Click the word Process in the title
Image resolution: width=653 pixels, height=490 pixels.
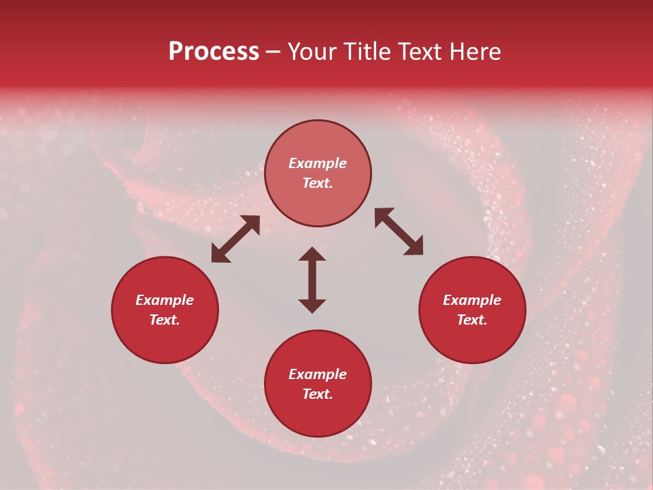(x=214, y=52)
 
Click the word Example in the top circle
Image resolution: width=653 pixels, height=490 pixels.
(x=318, y=163)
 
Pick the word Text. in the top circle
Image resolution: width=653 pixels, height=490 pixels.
(x=318, y=183)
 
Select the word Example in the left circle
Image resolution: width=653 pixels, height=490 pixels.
(x=165, y=300)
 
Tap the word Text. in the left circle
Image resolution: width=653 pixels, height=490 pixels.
(x=165, y=320)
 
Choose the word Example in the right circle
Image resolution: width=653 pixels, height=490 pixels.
(x=472, y=300)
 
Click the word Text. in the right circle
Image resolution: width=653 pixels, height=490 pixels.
(x=472, y=320)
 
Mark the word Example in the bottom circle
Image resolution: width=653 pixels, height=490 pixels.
(x=318, y=374)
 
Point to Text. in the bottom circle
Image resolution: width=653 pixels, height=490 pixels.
(x=318, y=394)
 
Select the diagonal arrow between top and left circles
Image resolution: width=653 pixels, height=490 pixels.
(x=235, y=239)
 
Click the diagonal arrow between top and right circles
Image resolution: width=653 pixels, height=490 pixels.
(x=399, y=232)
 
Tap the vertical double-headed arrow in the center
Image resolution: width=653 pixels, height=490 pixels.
(x=312, y=280)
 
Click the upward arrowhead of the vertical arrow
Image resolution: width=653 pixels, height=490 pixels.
(x=312, y=254)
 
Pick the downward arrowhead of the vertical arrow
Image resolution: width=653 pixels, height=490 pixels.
(x=312, y=306)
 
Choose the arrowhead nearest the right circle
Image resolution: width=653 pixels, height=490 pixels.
(x=414, y=247)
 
